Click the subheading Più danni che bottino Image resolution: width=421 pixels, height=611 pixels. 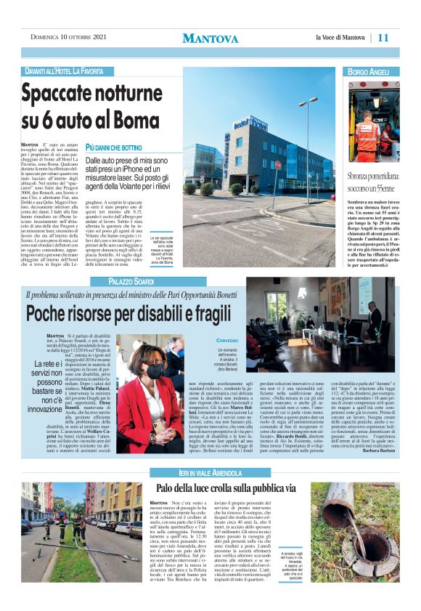click(113, 147)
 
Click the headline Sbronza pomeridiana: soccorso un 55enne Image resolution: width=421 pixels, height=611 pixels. click(372, 181)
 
